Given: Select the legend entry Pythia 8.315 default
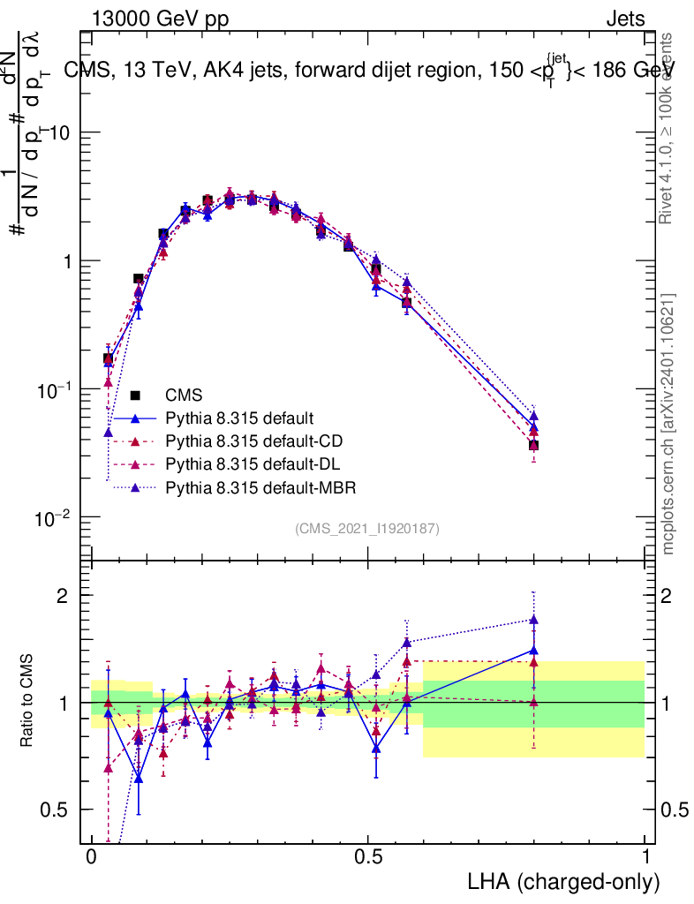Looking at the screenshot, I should click(x=238, y=418).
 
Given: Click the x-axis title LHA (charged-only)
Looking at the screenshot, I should click(x=564, y=881).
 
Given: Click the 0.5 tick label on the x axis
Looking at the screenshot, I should click(x=368, y=858).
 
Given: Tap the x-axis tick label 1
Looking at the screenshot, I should click(x=645, y=858).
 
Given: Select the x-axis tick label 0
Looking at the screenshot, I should click(x=91, y=858).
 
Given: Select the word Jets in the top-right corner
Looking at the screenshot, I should click(x=624, y=19).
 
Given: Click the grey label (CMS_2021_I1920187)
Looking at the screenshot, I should click(x=367, y=529).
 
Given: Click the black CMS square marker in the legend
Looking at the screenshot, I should click(x=137, y=395).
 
